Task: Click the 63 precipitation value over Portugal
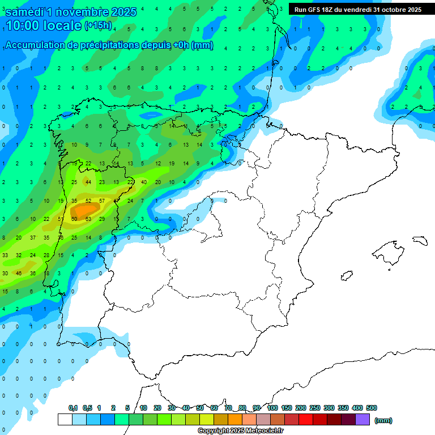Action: point(88,219)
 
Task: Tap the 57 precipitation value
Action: point(102,201)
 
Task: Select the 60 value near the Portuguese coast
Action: point(74,219)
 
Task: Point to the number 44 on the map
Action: point(88,182)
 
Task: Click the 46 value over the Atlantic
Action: point(18,273)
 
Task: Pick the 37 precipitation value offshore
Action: point(32,237)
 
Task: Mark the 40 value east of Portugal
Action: point(144,182)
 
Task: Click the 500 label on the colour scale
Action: point(372,408)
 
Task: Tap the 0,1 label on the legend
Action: point(73,408)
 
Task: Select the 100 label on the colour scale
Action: point(272,408)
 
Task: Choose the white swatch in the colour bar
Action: point(65,420)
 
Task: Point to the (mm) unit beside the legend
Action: point(383,420)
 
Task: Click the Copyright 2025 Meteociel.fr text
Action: point(241,431)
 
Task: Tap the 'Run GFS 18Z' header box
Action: point(358,9)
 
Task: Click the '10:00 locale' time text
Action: point(44,25)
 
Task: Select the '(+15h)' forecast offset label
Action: point(98,25)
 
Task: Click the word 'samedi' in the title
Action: point(25,12)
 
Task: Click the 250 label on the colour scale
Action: point(315,408)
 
